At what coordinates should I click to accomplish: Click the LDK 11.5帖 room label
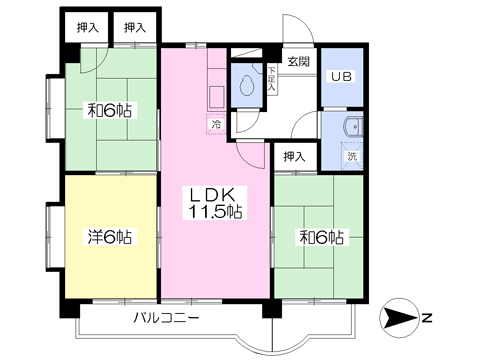(215, 203)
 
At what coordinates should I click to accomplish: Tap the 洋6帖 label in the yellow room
(110, 237)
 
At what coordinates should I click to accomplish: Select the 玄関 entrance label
(299, 61)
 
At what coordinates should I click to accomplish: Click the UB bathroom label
(341, 77)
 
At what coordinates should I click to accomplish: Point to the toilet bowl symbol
(247, 85)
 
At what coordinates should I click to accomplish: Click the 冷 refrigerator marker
(216, 125)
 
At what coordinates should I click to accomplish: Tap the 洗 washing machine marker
(352, 156)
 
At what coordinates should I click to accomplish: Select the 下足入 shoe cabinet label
(272, 79)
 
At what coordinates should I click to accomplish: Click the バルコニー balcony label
(166, 317)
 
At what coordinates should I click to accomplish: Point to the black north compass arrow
(398, 318)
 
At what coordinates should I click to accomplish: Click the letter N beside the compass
(426, 318)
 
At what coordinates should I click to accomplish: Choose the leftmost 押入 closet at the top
(88, 27)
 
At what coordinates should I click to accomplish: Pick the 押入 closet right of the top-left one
(135, 27)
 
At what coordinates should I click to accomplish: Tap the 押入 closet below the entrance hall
(294, 156)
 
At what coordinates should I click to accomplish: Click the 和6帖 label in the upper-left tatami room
(110, 110)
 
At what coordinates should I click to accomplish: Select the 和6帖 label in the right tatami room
(322, 237)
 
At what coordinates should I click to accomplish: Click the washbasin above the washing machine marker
(353, 127)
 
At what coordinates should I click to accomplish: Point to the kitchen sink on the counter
(216, 97)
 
